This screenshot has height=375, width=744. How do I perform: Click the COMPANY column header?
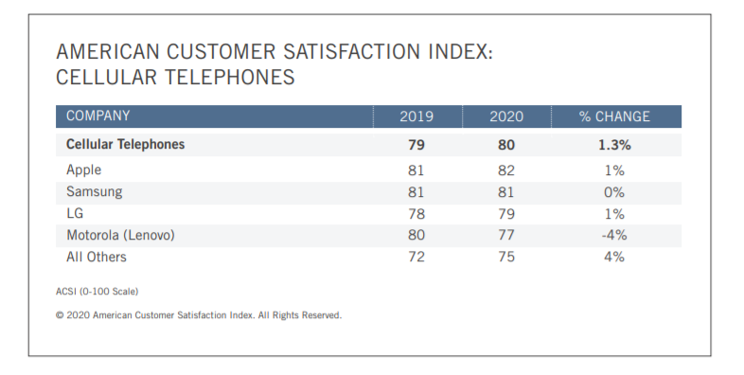point(97,116)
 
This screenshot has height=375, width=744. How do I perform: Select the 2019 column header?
point(416,116)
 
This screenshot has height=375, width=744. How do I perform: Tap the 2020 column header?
point(506,116)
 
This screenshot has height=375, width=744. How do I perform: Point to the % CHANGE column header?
point(614,116)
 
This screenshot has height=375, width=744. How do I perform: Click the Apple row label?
point(83,170)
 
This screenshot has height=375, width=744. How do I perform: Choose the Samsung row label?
point(94,191)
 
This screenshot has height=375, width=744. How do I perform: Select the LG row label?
point(75,213)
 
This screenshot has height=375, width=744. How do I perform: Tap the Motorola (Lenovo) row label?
point(121,235)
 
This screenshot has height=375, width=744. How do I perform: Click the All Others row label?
point(96,257)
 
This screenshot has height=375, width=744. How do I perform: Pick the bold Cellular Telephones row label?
point(125,145)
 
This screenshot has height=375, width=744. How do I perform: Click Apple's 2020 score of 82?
point(506,170)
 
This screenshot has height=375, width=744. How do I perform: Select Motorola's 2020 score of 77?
point(506,235)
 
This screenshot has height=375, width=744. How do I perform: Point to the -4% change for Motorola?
point(614,235)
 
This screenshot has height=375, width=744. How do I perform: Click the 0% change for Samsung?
point(614,191)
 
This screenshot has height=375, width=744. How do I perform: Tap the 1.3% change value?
point(614,145)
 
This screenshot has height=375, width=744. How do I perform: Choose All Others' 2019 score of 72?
point(416,257)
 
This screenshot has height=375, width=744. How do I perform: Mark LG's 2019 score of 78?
point(416,213)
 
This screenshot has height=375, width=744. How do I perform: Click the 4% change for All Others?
point(614,257)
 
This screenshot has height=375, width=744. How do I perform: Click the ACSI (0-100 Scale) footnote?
point(97,291)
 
